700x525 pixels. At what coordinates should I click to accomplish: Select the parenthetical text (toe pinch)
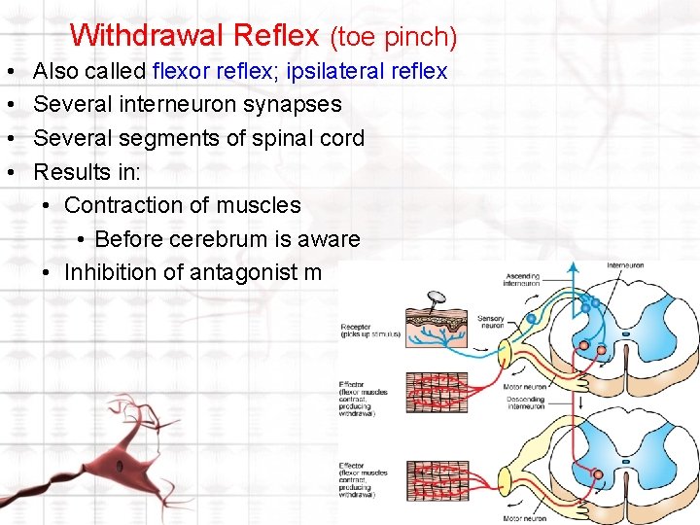point(393,37)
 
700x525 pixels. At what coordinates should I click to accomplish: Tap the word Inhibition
point(115,273)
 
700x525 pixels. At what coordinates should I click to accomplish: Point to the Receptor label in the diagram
point(356,328)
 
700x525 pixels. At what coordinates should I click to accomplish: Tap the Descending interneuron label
point(525,403)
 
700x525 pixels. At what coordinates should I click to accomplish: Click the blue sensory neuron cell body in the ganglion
point(531,318)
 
